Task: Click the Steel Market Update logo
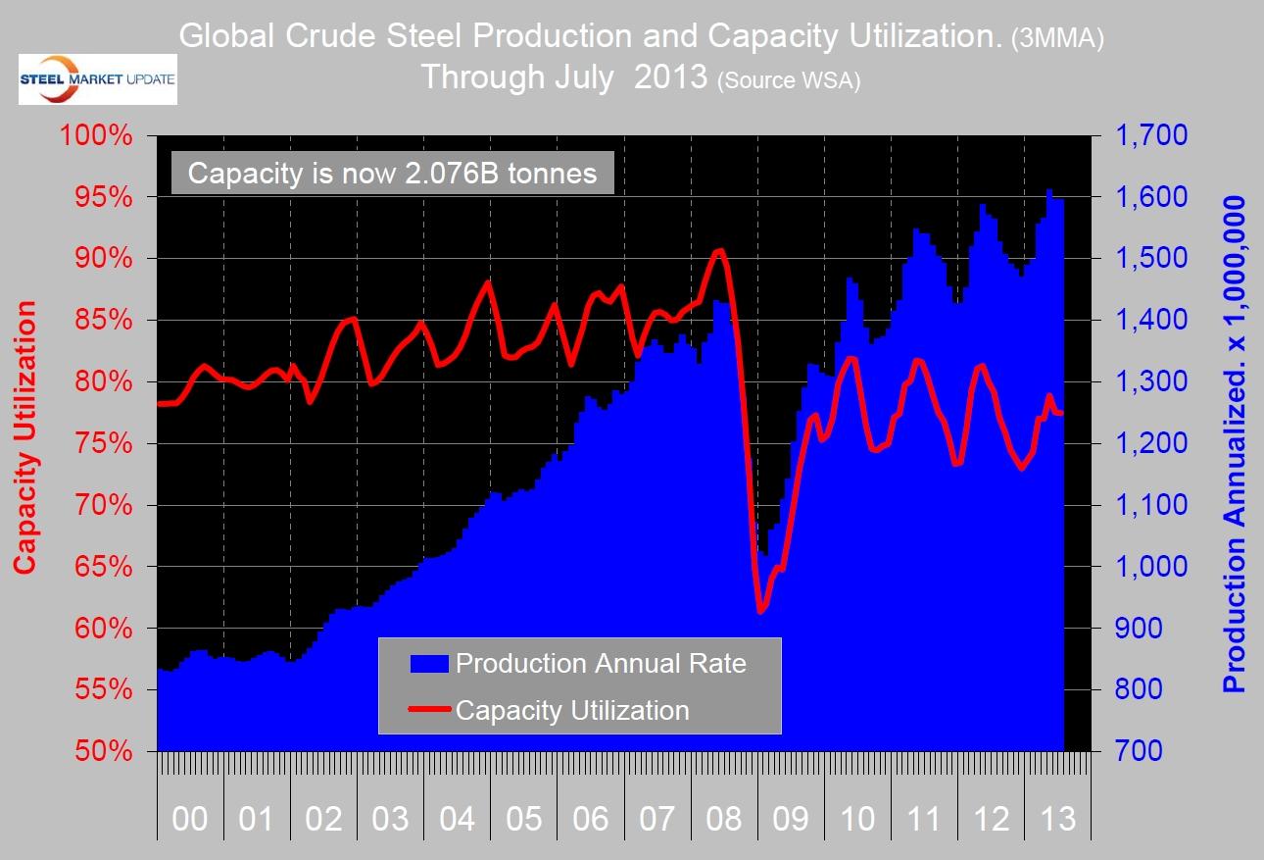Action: pyautogui.click(x=97, y=78)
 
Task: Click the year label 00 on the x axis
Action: pyautogui.click(x=189, y=819)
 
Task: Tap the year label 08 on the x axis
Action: pyautogui.click(x=724, y=819)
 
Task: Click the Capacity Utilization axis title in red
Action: pyautogui.click(x=25, y=437)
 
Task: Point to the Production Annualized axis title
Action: pyautogui.click(x=1236, y=443)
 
